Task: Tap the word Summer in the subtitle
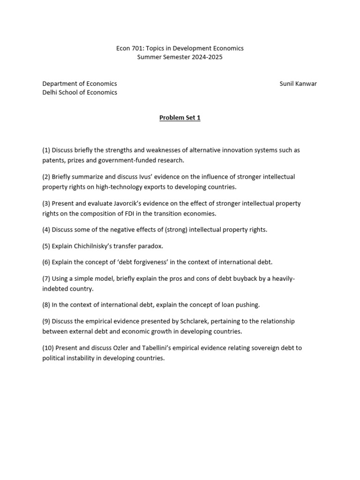pyautogui.click(x=148, y=57)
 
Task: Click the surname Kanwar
pyautogui.click(x=306, y=84)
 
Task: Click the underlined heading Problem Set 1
pyautogui.click(x=180, y=118)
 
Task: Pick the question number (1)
pyautogui.click(x=46, y=150)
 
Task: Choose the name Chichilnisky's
pyautogui.click(x=99, y=246)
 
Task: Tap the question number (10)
pyautogui.click(x=48, y=348)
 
